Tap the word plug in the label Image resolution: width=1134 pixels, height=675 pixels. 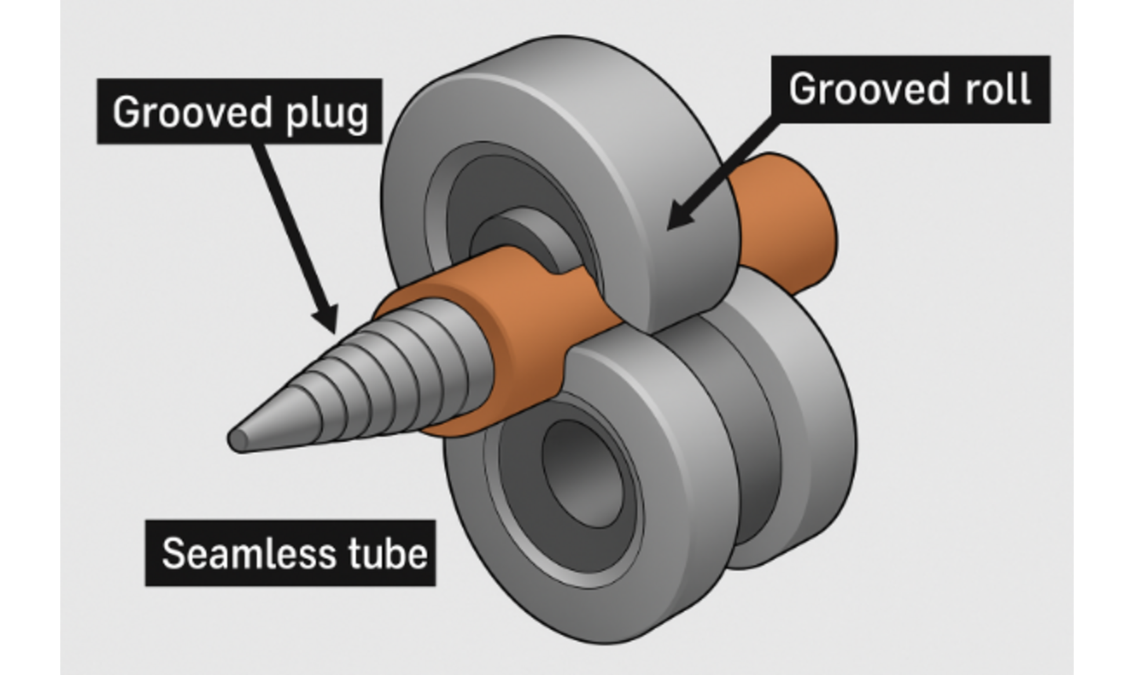click(x=327, y=114)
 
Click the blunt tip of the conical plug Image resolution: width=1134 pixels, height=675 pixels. click(x=237, y=440)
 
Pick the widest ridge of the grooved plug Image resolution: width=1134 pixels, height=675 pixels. click(x=463, y=365)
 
